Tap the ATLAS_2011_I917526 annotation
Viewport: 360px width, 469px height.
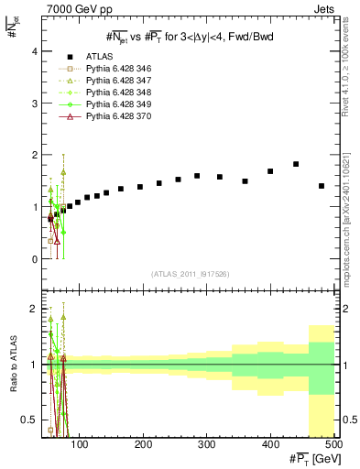click(191, 275)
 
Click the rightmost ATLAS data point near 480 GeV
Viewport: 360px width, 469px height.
click(322, 186)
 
